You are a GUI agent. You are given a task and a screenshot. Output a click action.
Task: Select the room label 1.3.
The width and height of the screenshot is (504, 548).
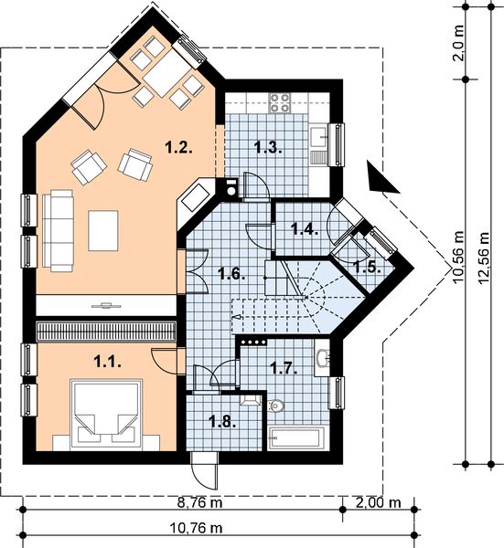coord(267,146)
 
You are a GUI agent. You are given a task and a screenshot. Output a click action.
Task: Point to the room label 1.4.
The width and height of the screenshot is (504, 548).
coord(304,229)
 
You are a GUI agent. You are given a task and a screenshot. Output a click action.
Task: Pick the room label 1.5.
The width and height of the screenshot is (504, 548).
coord(366,268)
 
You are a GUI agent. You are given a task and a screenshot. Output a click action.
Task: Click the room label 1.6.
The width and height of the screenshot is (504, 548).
coord(230,271)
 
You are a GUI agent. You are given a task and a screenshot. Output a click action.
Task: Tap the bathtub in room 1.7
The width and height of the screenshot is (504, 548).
coord(299,436)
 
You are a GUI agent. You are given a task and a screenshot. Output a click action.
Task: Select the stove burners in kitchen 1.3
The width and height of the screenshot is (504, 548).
coord(279,100)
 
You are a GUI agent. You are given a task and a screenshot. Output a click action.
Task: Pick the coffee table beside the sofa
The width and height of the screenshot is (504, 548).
coord(103,230)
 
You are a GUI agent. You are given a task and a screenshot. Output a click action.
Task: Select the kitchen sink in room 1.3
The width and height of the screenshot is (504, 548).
coord(319,137)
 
